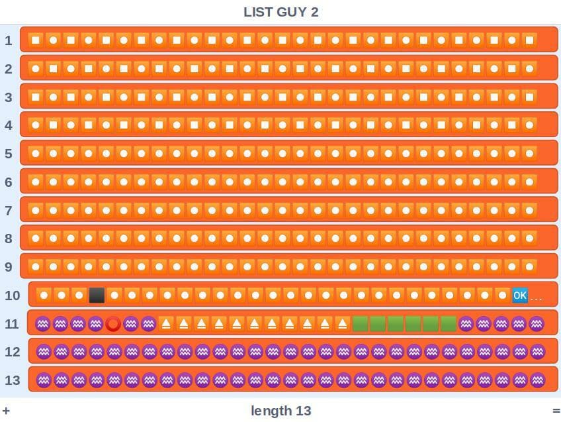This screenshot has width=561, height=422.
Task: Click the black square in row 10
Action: click(x=97, y=295)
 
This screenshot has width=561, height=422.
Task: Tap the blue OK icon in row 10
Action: click(x=520, y=295)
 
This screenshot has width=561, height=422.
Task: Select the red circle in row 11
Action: click(x=113, y=324)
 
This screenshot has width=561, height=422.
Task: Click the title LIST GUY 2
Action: click(x=281, y=12)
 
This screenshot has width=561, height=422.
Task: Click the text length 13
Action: click(x=281, y=411)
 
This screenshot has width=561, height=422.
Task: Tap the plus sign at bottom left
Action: click(x=6, y=411)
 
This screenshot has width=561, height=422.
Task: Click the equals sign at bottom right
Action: click(x=556, y=411)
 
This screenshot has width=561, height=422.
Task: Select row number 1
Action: click(x=9, y=40)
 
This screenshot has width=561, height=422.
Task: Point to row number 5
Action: click(x=9, y=154)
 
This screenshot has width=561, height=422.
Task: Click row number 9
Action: click(x=9, y=267)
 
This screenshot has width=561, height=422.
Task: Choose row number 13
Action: click(x=12, y=380)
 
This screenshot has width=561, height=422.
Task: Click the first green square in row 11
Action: click(x=361, y=324)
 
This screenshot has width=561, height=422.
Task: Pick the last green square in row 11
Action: click(x=449, y=324)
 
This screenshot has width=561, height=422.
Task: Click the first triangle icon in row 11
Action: click(x=166, y=324)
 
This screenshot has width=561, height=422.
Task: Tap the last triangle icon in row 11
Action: click(x=343, y=324)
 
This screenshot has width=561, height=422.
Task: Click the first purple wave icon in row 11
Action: click(x=42, y=324)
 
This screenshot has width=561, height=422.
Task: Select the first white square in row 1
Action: click(x=36, y=40)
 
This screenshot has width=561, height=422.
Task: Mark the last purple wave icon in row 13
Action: click(x=537, y=380)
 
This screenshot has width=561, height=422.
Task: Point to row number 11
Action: click(x=12, y=324)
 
